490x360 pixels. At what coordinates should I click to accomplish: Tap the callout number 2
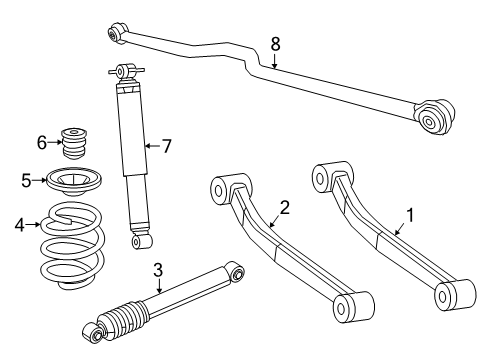click(x=285, y=208)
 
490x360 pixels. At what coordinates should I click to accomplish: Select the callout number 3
click(x=158, y=269)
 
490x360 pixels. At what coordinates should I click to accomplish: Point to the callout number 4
click(x=18, y=225)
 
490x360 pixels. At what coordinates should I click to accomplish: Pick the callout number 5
click(x=26, y=181)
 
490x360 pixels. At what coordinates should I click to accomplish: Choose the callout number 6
click(x=42, y=142)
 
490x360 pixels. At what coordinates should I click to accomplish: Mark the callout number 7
click(x=167, y=146)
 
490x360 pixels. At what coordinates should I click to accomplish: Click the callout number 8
click(x=276, y=44)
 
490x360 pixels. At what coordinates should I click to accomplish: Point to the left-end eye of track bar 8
click(x=115, y=34)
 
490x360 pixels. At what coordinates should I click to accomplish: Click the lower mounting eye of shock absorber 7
click(x=142, y=241)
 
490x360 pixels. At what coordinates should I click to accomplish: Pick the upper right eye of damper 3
click(x=237, y=271)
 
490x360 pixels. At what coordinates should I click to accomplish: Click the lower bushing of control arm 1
click(x=446, y=295)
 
